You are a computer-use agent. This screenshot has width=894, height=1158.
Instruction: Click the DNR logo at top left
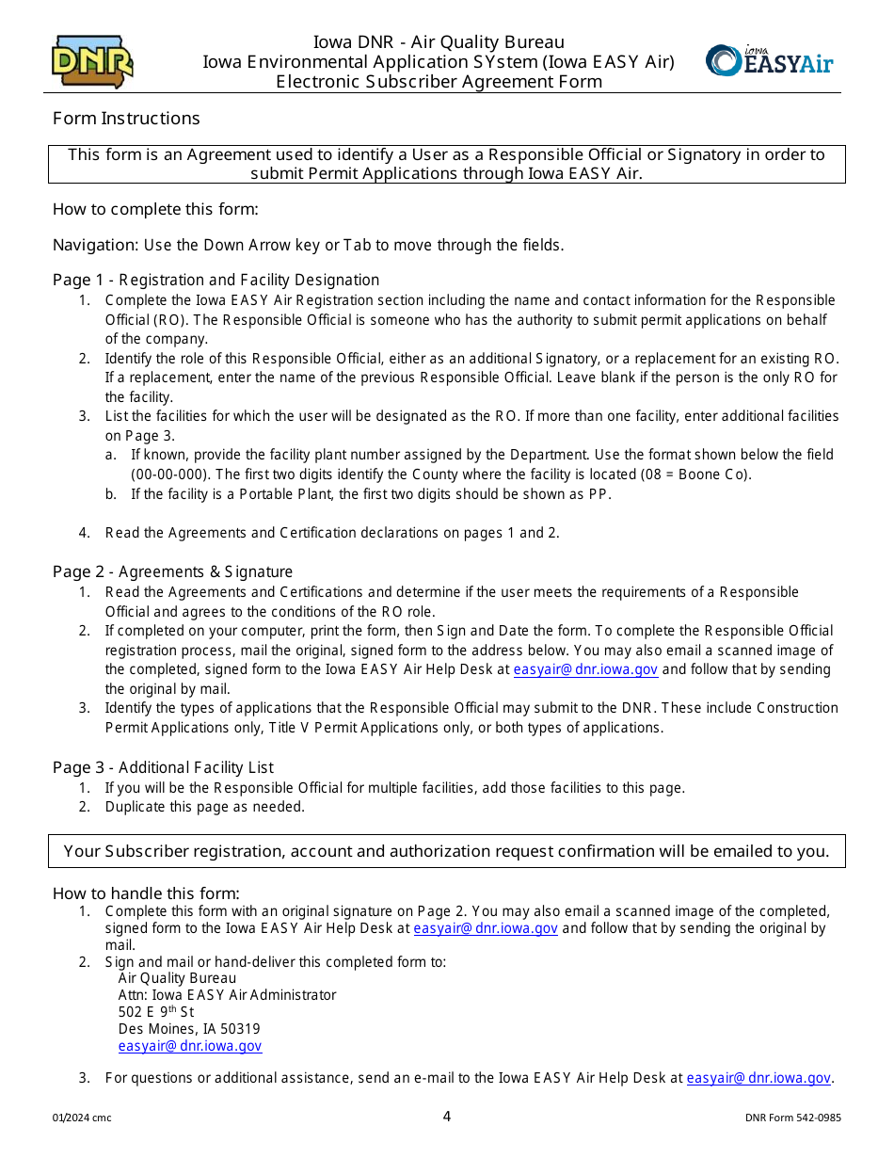(x=92, y=62)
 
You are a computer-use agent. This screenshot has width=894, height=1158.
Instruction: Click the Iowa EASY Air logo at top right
(x=769, y=61)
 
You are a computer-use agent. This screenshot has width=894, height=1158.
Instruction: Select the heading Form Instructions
(x=126, y=118)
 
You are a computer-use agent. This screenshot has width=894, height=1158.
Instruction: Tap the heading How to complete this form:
(x=155, y=209)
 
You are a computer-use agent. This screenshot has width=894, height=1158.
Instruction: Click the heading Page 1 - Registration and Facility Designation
(x=216, y=280)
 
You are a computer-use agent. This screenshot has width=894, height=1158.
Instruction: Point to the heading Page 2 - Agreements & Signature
(x=172, y=571)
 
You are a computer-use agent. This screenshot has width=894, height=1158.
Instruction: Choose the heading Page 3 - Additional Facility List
(x=163, y=767)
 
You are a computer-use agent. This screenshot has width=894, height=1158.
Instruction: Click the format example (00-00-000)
(x=171, y=474)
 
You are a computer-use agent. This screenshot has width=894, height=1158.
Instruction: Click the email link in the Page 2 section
(x=584, y=669)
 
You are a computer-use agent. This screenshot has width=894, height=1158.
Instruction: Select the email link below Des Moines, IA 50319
(x=189, y=1046)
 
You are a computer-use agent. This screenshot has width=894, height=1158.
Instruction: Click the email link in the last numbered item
(x=758, y=1078)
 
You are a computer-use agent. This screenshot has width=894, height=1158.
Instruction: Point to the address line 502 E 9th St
(x=156, y=1012)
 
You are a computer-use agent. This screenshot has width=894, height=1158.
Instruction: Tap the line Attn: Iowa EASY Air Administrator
(x=227, y=995)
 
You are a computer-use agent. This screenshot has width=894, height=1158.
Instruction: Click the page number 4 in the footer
(x=447, y=1117)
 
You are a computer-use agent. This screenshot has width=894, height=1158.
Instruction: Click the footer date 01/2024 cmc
(x=82, y=1118)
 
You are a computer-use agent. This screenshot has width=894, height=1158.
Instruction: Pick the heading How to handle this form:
(x=146, y=893)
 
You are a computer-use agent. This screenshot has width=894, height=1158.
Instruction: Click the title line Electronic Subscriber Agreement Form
(x=439, y=82)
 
